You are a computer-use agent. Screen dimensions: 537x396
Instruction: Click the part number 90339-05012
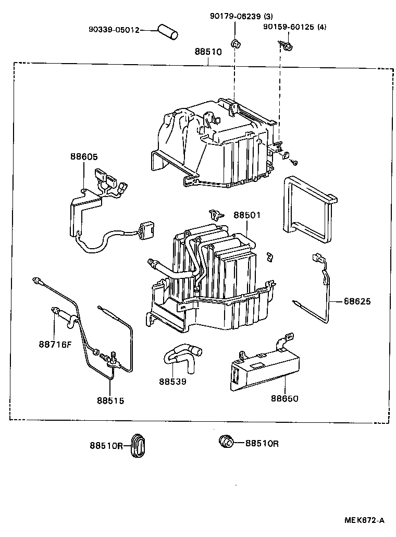click(x=114, y=30)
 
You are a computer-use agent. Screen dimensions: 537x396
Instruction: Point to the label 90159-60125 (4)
click(x=294, y=27)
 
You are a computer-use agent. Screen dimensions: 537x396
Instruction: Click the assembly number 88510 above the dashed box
click(x=208, y=52)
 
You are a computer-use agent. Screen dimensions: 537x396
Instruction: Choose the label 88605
click(x=84, y=156)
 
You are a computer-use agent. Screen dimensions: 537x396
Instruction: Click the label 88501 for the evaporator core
click(x=246, y=215)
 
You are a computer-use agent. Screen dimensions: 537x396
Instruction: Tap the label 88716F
click(x=55, y=344)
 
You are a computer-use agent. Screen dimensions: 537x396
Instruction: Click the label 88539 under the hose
click(x=172, y=381)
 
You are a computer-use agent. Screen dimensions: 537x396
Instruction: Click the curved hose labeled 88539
click(x=180, y=355)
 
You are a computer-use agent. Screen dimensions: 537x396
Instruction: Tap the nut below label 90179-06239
click(x=235, y=43)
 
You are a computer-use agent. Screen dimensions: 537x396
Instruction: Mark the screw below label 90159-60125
click(x=286, y=47)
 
